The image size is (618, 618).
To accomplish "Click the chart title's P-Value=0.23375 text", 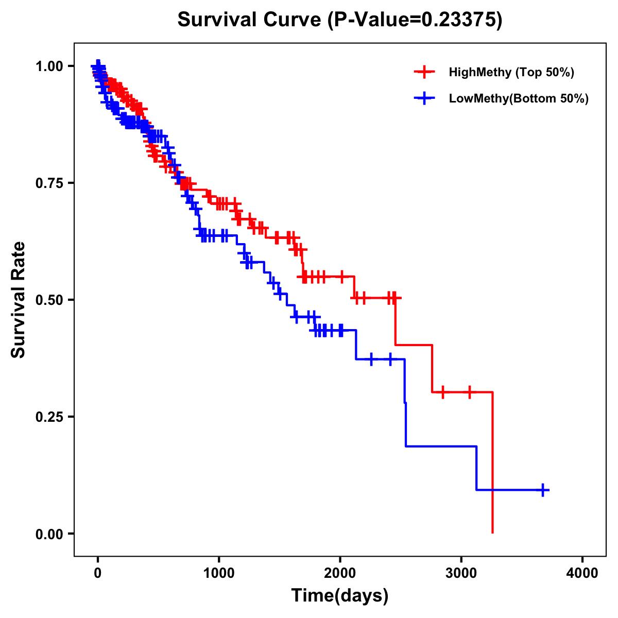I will click(x=415, y=20).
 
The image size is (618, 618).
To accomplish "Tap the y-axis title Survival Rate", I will click(x=18, y=299).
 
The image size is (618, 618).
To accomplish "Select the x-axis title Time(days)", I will click(x=340, y=596).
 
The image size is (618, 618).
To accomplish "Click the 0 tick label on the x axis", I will click(x=98, y=573).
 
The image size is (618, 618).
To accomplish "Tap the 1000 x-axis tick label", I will click(x=219, y=573).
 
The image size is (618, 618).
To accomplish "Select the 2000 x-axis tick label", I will click(x=340, y=573).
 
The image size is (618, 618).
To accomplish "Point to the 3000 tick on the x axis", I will click(x=461, y=573).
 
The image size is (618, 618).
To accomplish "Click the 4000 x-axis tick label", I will click(x=582, y=573).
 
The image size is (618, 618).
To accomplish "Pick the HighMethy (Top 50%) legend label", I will click(x=511, y=72).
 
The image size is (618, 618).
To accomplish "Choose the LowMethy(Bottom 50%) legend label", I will click(x=519, y=98).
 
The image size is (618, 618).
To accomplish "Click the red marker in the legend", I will click(x=424, y=72).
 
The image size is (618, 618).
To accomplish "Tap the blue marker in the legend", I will click(x=424, y=98).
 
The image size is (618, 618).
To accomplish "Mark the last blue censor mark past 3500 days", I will click(x=543, y=490).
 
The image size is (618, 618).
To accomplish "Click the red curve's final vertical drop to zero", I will click(x=493, y=463).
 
